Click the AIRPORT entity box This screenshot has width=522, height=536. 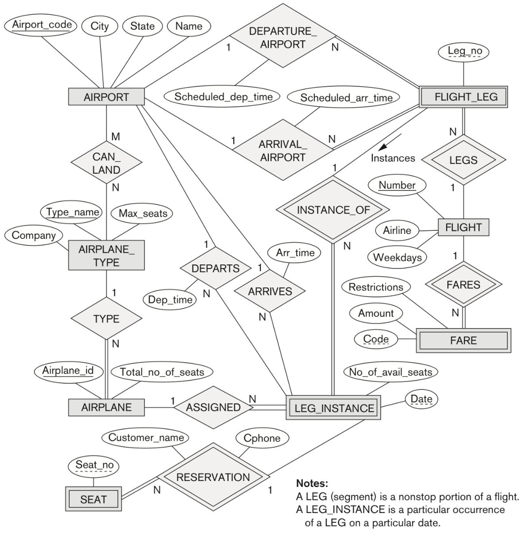point(106,97)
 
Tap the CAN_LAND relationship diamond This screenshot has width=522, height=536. point(106,163)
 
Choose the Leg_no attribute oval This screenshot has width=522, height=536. point(461,51)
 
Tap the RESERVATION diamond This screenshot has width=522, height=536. point(212,477)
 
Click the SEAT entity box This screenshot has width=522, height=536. point(94,499)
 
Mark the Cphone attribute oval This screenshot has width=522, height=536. point(262,438)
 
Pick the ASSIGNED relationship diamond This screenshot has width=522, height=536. point(213,407)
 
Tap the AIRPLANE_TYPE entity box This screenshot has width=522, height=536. point(106,256)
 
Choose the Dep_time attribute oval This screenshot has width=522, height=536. point(168,299)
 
